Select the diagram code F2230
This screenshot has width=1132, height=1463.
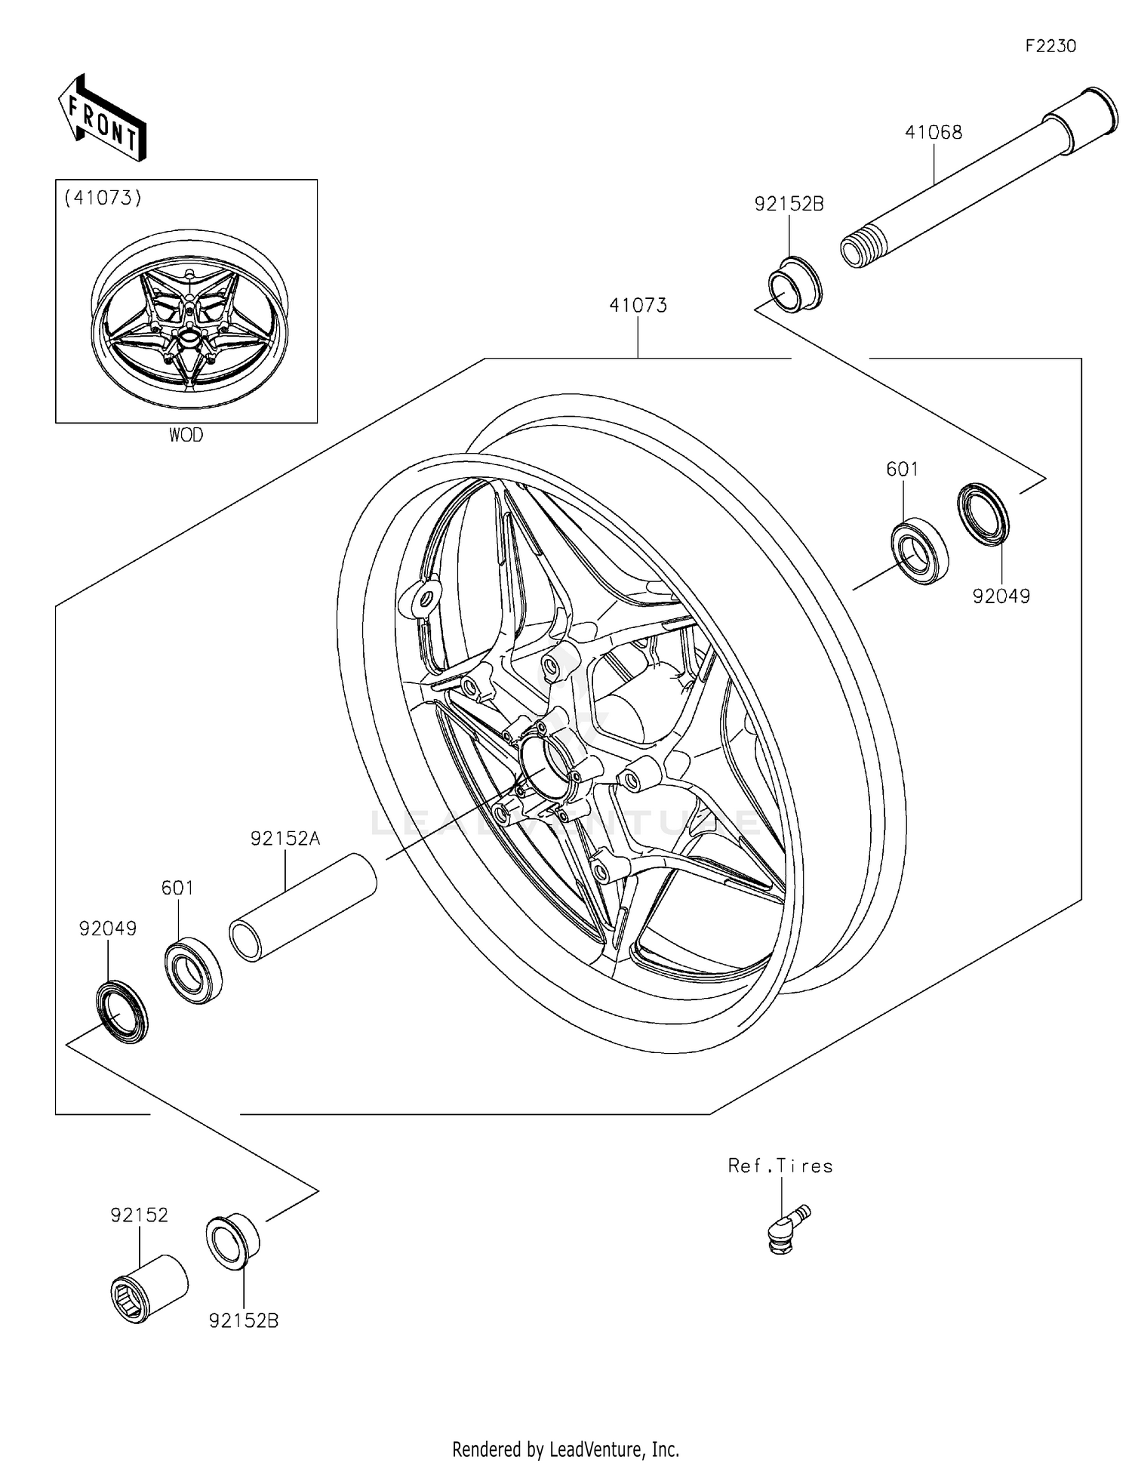click(x=1050, y=46)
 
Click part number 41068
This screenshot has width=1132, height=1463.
click(x=934, y=132)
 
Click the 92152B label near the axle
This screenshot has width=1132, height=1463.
click(x=789, y=203)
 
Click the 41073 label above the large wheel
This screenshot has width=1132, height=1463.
click(x=638, y=305)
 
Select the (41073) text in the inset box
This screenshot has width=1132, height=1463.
click(x=103, y=198)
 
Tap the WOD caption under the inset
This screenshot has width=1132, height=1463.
click(x=186, y=435)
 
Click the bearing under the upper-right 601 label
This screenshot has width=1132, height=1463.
click(x=919, y=551)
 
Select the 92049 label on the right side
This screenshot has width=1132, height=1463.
click(x=1001, y=596)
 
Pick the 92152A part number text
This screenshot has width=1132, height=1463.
click(x=285, y=838)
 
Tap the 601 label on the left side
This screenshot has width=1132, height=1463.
click(x=177, y=888)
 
